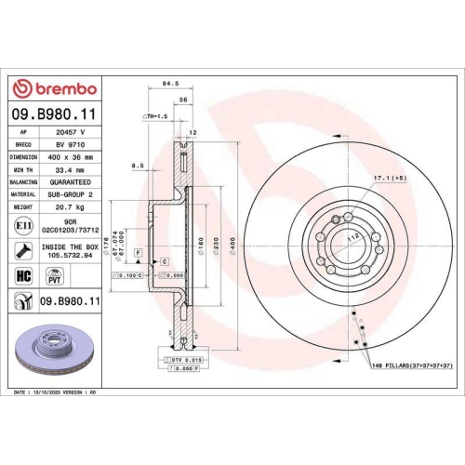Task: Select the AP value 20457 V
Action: (72, 132)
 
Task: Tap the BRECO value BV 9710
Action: (72, 145)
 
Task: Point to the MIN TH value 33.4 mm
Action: (72, 170)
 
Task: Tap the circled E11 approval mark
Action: (22, 225)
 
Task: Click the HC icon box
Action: (22, 275)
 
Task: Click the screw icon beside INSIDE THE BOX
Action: (22, 249)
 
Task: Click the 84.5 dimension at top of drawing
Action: (170, 84)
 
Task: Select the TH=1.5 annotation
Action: (154, 117)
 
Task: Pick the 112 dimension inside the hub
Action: (352, 238)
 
